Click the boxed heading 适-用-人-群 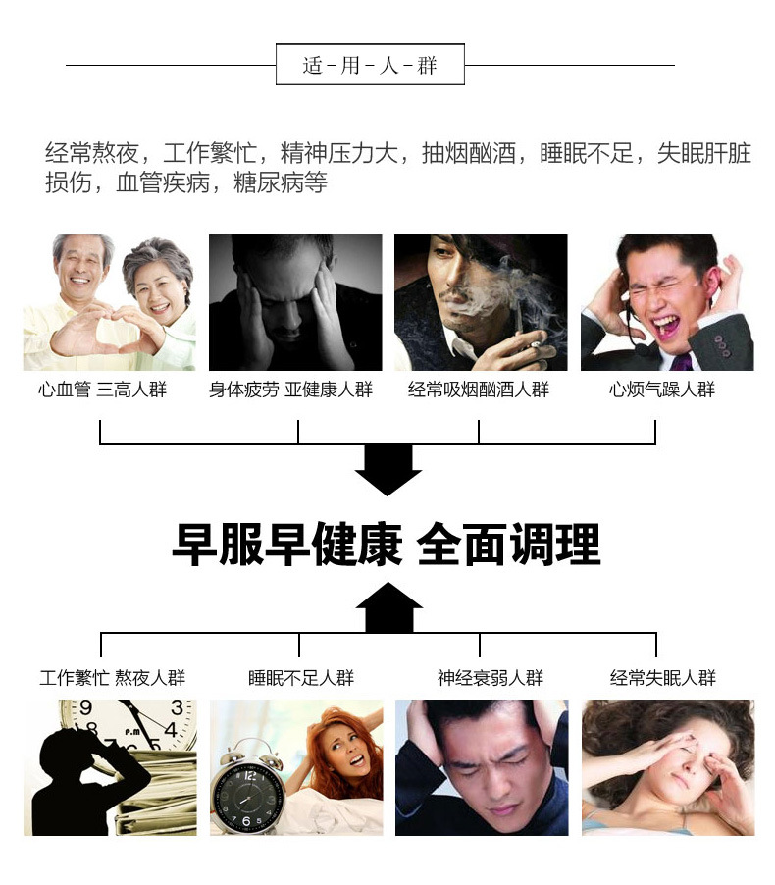370,66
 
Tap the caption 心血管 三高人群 102,390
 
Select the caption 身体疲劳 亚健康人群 290,390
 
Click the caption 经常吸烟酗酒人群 479,390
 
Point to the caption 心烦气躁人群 662,390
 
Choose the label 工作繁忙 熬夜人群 112,678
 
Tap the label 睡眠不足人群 300,678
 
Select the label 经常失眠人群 663,678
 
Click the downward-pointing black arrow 387,469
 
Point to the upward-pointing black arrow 388,606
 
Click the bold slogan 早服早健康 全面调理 386,544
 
